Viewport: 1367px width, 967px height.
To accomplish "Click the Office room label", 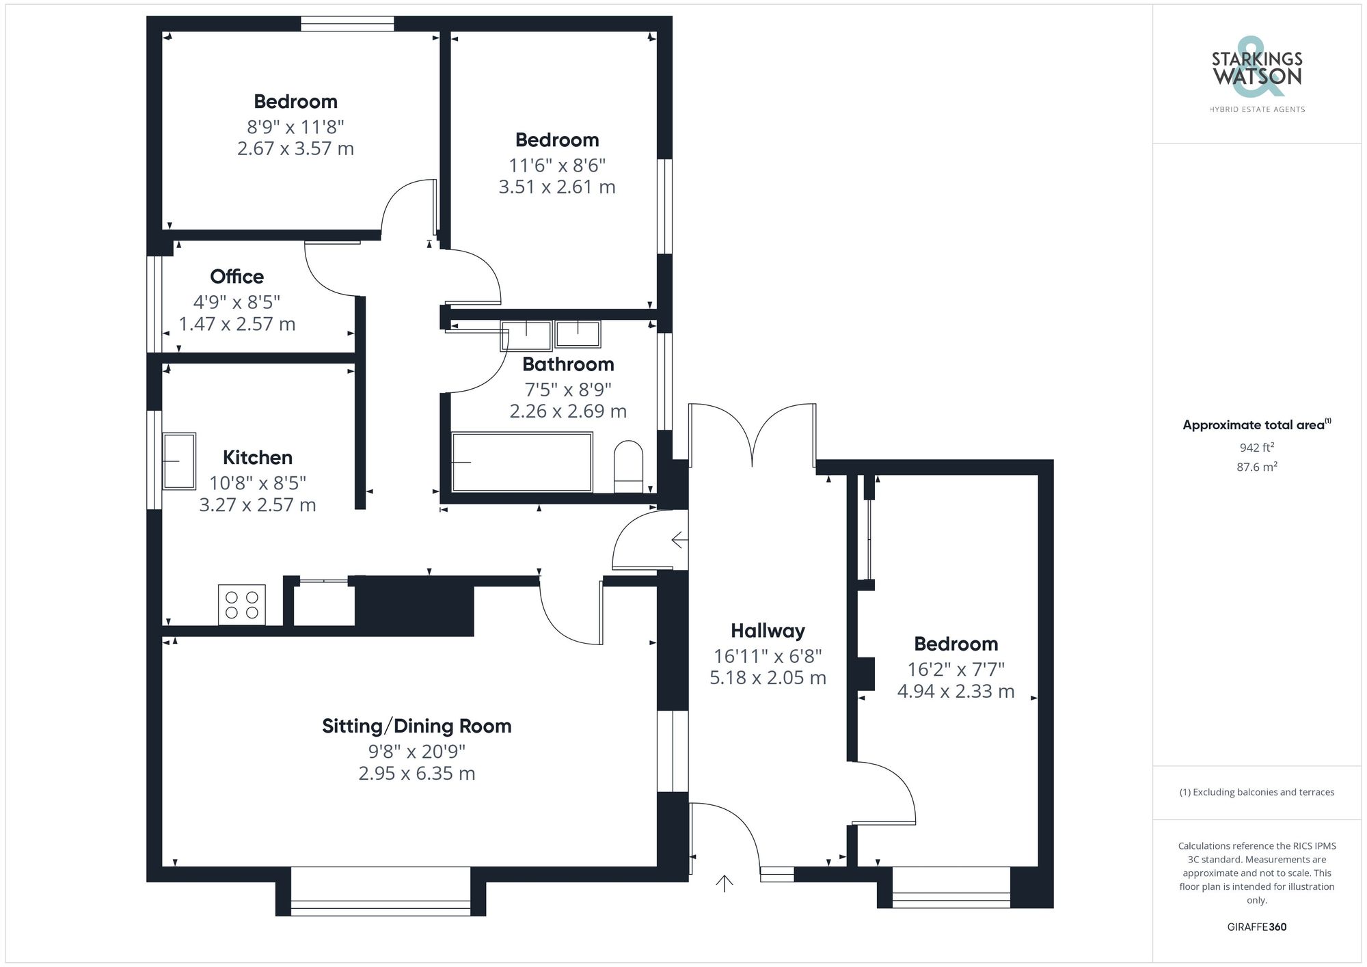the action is (x=236, y=277).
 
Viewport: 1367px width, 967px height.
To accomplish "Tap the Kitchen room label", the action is (x=258, y=458).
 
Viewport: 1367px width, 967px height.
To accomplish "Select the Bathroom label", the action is (x=568, y=364).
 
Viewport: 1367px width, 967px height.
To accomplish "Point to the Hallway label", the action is (x=768, y=631).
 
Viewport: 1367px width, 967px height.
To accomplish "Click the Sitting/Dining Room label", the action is (x=417, y=726).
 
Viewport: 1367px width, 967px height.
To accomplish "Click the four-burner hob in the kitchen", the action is (x=242, y=605).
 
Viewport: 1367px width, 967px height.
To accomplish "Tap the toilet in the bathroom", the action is (x=629, y=467).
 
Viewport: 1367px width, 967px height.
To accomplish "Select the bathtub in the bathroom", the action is (x=522, y=461).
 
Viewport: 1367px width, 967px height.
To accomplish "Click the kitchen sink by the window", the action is (x=179, y=461).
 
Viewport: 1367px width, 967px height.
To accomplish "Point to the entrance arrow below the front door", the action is (x=725, y=883).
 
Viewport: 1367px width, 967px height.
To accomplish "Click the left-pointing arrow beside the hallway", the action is (x=679, y=541).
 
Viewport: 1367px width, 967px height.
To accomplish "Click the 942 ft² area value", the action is (x=1257, y=448).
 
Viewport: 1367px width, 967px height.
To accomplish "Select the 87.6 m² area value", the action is (x=1257, y=467).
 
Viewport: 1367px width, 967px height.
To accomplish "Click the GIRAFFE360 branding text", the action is (x=1257, y=927).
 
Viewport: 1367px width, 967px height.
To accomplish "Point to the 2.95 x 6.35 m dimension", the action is (x=417, y=774).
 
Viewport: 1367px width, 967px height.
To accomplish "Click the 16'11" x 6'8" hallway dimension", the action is (x=768, y=657).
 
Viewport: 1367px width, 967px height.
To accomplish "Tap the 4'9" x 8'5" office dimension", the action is (x=236, y=302).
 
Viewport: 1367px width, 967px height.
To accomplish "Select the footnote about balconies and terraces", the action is (x=1257, y=793).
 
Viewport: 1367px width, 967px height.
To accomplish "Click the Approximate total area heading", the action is (x=1257, y=424).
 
